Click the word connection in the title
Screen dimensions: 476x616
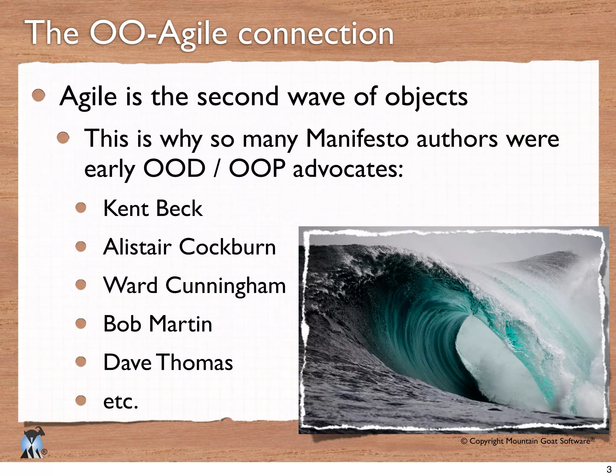pyautogui.click(x=316, y=35)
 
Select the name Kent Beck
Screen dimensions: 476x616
pyautogui.click(x=153, y=208)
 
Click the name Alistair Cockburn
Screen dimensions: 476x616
pyautogui.click(x=189, y=247)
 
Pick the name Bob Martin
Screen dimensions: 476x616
pyautogui.click(x=158, y=324)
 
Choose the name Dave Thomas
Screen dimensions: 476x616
pyautogui.click(x=168, y=362)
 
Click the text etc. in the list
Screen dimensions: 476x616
pyautogui.click(x=121, y=402)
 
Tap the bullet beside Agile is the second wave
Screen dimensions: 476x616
pyautogui.click(x=38, y=96)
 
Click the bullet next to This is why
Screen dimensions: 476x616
pyautogui.click(x=63, y=138)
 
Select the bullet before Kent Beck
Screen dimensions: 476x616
pyautogui.click(x=81, y=208)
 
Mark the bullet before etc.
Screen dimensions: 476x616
pyautogui.click(x=81, y=400)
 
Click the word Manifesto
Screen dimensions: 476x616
pyautogui.click(x=357, y=139)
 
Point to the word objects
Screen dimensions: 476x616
pyautogui.click(x=426, y=97)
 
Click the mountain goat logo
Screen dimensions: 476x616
pyautogui.click(x=32, y=442)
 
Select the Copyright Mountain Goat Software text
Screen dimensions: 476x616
pyautogui.click(x=527, y=441)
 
